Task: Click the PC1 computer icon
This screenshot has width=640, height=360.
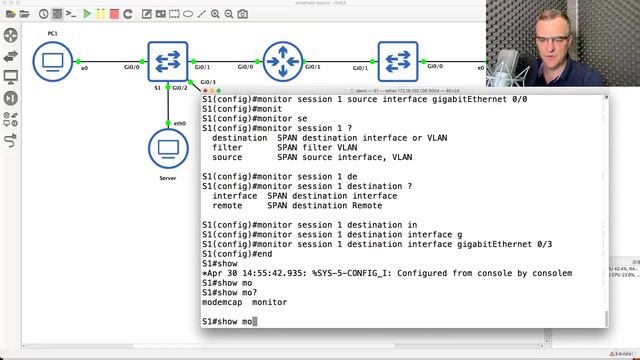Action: [53, 63]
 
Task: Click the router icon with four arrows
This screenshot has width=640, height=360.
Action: [283, 62]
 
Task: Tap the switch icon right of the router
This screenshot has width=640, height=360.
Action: [398, 62]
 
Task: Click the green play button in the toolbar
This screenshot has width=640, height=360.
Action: [87, 14]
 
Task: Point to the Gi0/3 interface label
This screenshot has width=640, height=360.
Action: [207, 81]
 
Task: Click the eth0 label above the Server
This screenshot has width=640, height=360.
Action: [180, 123]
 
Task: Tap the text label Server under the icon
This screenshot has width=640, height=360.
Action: [168, 178]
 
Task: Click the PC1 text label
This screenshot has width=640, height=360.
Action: [53, 33]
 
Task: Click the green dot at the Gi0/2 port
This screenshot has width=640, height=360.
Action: [169, 91]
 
